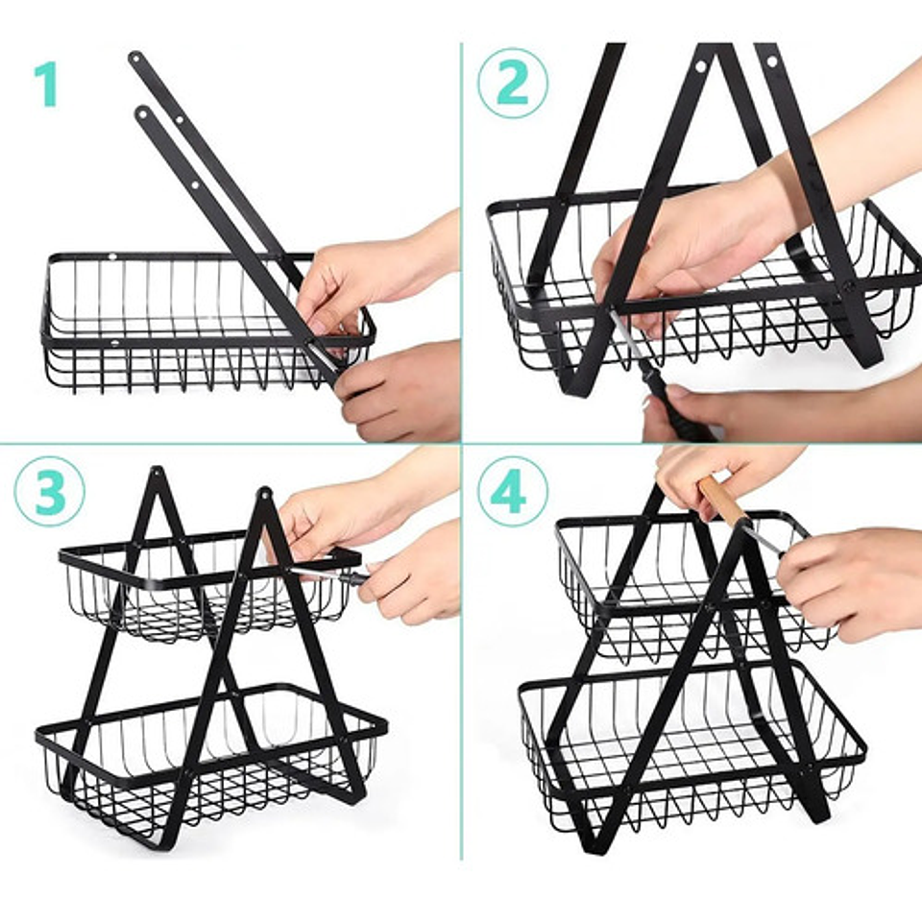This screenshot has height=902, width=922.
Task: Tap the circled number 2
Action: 513,83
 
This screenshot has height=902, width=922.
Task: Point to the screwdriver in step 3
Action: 331,574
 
